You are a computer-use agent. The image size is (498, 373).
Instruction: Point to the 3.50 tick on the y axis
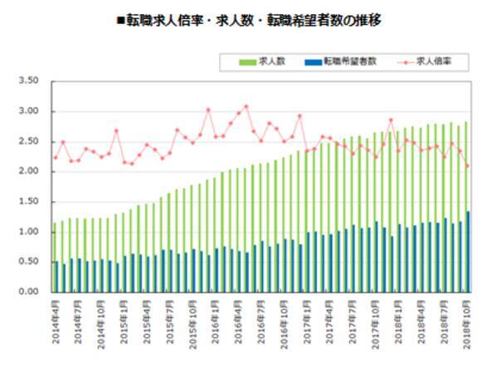tap(28, 81)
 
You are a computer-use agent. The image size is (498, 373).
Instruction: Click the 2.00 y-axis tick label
tap(28, 171)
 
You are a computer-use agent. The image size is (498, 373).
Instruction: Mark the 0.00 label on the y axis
tap(28, 292)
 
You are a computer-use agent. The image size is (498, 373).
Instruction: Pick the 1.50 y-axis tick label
tap(28, 202)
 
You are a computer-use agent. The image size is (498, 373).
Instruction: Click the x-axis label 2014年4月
tap(55, 321)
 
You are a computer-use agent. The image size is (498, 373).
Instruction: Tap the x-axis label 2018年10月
tap(467, 321)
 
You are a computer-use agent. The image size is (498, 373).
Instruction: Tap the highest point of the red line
tap(246, 106)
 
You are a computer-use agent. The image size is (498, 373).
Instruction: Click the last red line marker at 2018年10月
tap(467, 166)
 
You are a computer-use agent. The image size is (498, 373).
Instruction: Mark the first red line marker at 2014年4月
tap(55, 157)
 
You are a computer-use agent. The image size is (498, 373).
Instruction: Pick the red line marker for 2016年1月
tap(208, 110)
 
